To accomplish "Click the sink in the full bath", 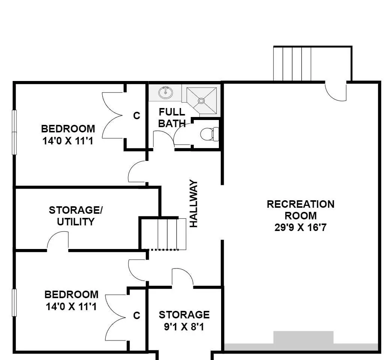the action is pos(166,93).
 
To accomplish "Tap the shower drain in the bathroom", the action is pos(201,100).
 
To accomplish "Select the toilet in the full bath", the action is pos(209,134).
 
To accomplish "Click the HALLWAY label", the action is pos(193,204).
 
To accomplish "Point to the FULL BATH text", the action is pos(172,117).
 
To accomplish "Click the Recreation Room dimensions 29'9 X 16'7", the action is pos(300,227).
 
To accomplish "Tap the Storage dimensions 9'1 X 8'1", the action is pos(184,327).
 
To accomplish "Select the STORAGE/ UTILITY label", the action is pos(76,216).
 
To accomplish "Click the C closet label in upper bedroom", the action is pos(137,115).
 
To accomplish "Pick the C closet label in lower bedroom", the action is pos(137,315).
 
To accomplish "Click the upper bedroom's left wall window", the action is pos(14,132).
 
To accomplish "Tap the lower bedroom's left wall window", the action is pos(14,302).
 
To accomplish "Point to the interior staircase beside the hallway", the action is pos(167,234).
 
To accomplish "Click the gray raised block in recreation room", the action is pos(303,337).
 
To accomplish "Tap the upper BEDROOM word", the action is pos(68,129).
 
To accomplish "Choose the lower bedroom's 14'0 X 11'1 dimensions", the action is pos(71,306).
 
